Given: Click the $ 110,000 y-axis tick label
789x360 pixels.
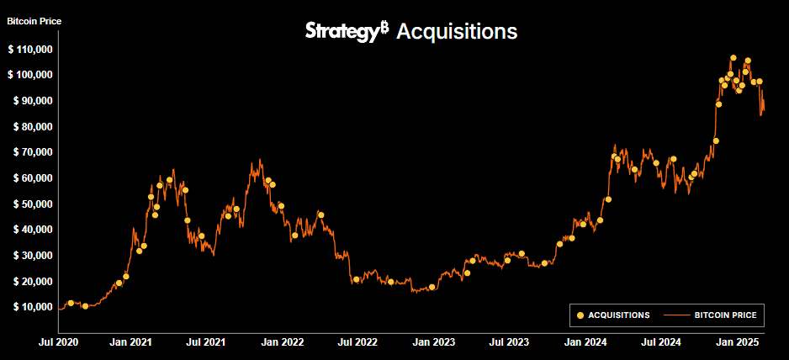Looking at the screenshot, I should (x=30, y=50).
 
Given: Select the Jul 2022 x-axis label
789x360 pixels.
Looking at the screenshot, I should (x=357, y=342).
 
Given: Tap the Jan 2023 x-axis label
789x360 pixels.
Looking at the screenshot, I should (x=435, y=342).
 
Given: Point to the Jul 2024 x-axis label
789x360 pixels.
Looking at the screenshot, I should (x=661, y=342).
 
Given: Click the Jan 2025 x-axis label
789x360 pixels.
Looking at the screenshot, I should (x=738, y=342).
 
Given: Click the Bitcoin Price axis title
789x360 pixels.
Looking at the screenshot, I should (x=34, y=21).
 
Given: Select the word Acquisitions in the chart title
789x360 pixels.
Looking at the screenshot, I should (x=456, y=32).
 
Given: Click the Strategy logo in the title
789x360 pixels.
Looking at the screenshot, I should (x=346, y=31).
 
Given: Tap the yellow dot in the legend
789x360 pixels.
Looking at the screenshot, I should (x=580, y=315).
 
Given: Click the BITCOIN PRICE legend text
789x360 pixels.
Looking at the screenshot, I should (x=725, y=315).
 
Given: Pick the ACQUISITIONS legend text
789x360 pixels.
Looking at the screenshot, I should (x=619, y=315).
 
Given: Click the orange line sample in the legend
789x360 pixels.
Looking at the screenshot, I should (x=676, y=315).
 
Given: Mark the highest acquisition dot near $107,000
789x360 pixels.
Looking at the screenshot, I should (x=733, y=58).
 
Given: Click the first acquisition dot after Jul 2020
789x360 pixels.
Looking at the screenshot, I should (x=71, y=303).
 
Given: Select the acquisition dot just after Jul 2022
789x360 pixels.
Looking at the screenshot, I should (x=357, y=279).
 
